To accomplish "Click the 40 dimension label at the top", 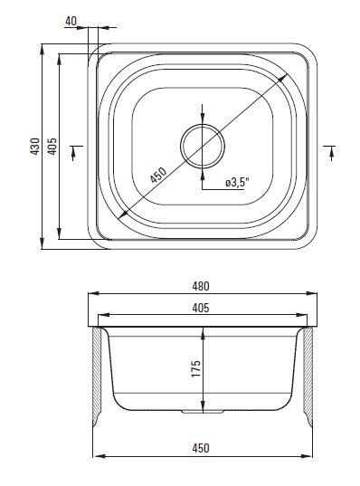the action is tap(71, 21).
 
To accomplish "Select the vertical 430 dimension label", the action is tap(35, 147).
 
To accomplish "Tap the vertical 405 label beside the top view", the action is tap(52, 147).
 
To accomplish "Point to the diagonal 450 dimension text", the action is tap(158, 175).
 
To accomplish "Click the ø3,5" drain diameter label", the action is tap(237, 183).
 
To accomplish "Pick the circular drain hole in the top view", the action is tap(203, 146).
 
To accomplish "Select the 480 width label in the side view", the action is tap(201, 286).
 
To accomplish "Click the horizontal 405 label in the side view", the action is tap(201, 308).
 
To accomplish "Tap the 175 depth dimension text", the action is tap(195, 368).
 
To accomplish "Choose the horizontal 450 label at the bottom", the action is tap(201, 448).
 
